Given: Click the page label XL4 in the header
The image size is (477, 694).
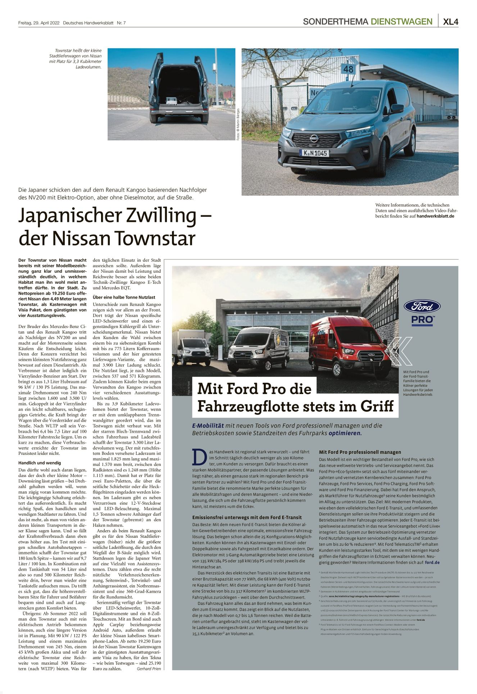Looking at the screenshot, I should tap(450, 22).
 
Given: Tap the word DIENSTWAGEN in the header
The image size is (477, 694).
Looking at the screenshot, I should tap(401, 22).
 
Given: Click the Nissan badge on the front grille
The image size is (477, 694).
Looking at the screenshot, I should tap(314, 138).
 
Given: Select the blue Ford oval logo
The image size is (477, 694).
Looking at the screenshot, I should tap(422, 306).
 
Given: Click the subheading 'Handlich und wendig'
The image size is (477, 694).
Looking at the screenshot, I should tap(40, 463).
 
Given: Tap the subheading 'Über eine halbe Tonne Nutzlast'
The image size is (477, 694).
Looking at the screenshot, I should tap(124, 297).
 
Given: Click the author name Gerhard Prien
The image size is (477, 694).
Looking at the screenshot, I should tap(149, 668).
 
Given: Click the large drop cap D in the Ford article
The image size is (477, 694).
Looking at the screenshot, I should tap(199, 457).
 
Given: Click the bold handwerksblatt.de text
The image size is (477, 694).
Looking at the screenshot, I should tap(435, 216).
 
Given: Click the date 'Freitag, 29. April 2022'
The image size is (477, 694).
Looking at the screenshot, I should tap(39, 23).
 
